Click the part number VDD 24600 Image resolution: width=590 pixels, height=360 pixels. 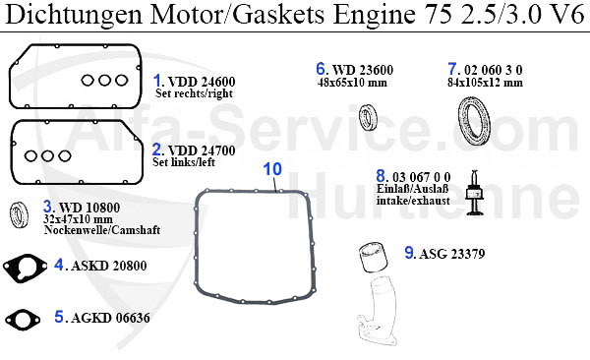point(202,82)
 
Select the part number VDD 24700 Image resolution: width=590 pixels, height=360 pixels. point(202,150)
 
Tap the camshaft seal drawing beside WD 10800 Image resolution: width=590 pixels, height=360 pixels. point(19,215)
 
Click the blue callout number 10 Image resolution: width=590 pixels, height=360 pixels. point(272,169)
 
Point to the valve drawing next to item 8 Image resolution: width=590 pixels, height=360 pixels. point(475,193)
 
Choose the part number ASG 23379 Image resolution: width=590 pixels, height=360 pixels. point(452,254)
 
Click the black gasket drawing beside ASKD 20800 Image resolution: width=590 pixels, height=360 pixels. point(25,269)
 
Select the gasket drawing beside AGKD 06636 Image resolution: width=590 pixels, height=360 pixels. point(23,320)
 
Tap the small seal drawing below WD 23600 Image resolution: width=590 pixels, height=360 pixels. point(367,117)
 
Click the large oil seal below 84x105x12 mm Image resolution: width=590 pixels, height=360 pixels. point(475,121)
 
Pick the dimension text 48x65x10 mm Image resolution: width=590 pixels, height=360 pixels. point(352,83)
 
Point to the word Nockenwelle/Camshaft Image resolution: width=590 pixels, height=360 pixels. point(102,230)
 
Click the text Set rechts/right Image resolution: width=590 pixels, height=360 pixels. point(194,93)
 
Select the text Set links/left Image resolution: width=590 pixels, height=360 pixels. point(184,162)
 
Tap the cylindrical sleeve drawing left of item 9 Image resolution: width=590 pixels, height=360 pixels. point(373,257)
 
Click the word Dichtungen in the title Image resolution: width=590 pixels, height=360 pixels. point(74,15)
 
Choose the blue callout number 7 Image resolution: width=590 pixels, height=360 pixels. point(452,69)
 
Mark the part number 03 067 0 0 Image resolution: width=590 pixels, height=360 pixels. point(422,177)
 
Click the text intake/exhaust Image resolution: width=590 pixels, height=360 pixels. point(413,201)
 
